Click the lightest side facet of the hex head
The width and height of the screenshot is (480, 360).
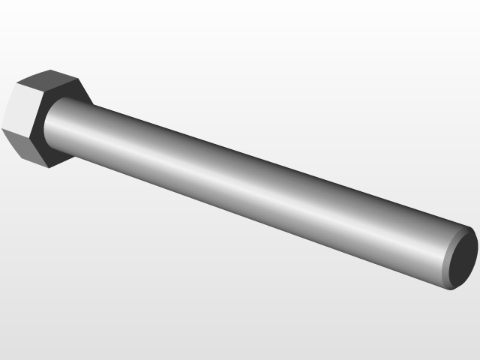pyautogui.click(x=16, y=109)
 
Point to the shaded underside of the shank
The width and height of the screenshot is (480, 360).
pyautogui.click(x=247, y=214)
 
